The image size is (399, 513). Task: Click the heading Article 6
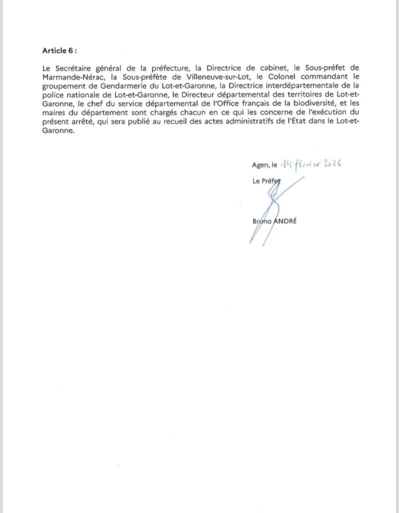coord(60,52)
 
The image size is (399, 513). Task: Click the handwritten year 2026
coord(329,164)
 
